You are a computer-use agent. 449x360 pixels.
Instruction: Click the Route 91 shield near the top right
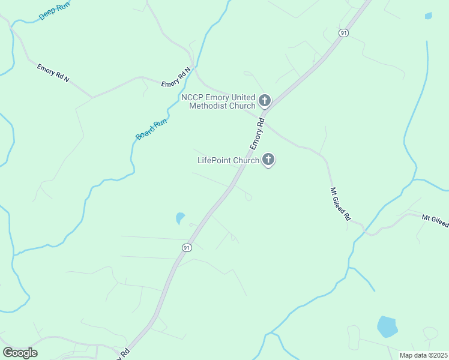343,33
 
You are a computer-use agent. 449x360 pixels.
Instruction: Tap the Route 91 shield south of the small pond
187,247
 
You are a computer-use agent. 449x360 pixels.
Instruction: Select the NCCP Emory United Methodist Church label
218,101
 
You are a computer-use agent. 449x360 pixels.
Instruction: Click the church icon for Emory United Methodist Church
265,100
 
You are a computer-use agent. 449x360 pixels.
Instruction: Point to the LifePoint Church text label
228,160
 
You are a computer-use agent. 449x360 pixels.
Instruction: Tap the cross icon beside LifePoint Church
268,160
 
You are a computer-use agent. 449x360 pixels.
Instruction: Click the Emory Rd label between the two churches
257,133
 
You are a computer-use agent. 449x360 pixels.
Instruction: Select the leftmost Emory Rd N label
53,73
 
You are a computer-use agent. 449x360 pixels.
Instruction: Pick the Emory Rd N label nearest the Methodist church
176,77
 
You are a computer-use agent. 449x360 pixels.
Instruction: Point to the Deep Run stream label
55,11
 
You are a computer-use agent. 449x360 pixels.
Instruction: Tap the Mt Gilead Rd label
340,205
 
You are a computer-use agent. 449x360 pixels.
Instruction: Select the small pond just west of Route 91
179,218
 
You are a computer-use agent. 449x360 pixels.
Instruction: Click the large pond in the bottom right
387,326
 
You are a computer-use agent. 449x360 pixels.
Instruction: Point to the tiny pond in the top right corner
428,16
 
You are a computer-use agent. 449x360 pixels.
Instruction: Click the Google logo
20,353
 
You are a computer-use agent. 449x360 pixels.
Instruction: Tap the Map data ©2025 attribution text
423,355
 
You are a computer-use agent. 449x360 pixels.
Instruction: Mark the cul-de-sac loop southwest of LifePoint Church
249,197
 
